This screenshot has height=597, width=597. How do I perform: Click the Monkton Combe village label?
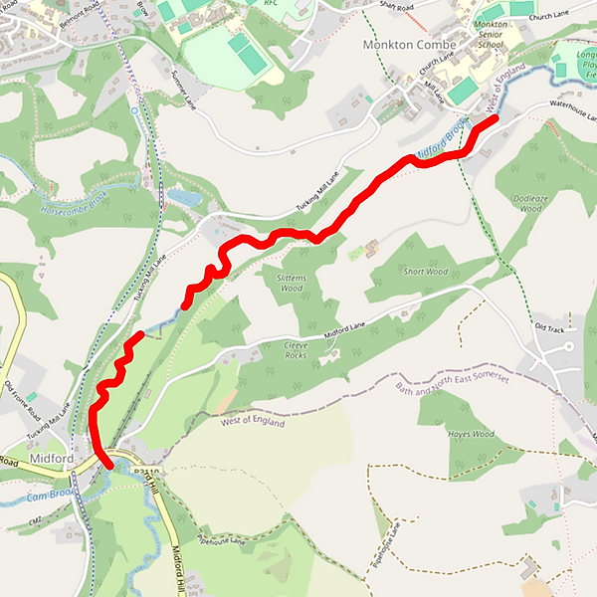tap(410, 45)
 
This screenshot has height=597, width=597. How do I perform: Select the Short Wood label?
tap(425, 271)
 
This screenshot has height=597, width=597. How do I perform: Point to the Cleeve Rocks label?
tap(297, 349)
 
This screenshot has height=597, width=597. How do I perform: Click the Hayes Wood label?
tap(471, 434)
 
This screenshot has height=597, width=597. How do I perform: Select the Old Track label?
tap(549, 327)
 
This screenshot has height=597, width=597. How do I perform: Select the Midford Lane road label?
tap(347, 331)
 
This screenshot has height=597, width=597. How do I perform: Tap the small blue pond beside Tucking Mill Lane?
tap(183, 198)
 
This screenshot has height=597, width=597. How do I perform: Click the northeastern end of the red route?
tap(495, 119)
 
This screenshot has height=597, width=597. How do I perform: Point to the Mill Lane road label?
tap(438, 94)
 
